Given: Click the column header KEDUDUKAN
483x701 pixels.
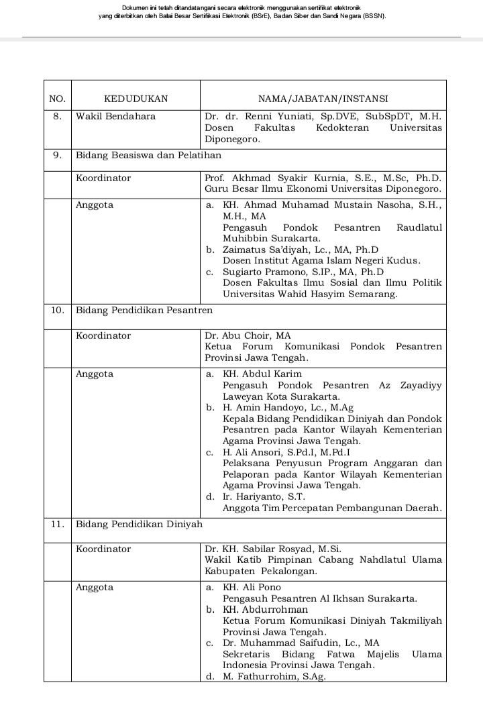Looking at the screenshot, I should pyautogui.click(x=136, y=99).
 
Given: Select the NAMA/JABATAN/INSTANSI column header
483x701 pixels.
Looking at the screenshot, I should pyautogui.click(x=323, y=99).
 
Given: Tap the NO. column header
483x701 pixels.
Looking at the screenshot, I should pyautogui.click(x=58, y=99).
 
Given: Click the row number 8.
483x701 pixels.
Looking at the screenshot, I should pyautogui.click(x=58, y=116).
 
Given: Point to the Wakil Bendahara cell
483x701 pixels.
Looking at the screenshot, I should pyautogui.click(x=115, y=116).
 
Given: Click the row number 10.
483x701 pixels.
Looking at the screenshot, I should pyautogui.click(x=58, y=310).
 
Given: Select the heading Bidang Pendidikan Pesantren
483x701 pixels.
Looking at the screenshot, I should pyautogui.click(x=144, y=310).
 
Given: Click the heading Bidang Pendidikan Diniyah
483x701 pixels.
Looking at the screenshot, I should pyautogui.click(x=139, y=523).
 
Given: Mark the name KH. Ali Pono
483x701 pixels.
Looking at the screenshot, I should pyautogui.click(x=252, y=588).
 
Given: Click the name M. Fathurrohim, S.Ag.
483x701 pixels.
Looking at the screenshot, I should pyautogui.click(x=274, y=676).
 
